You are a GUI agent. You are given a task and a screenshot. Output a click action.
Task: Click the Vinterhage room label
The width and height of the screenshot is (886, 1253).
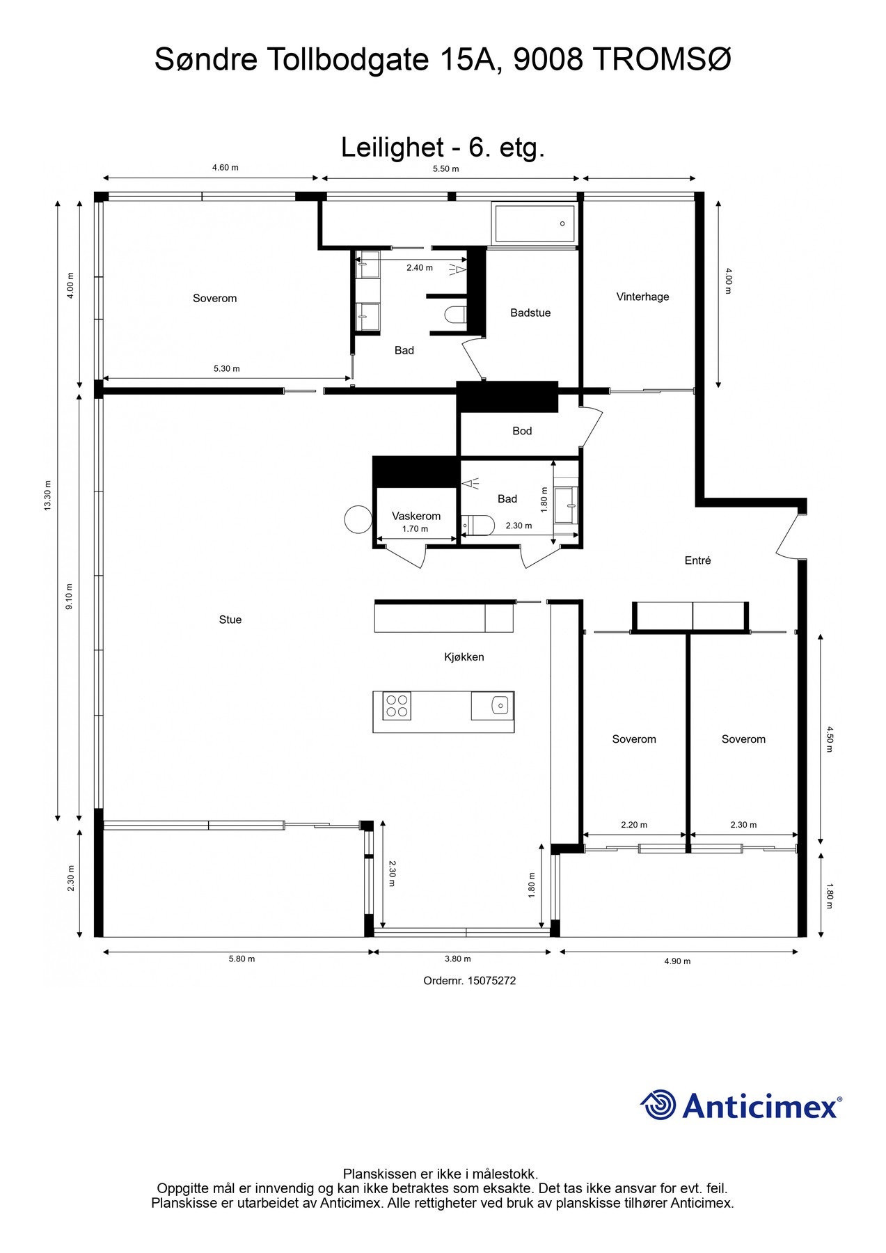(642, 297)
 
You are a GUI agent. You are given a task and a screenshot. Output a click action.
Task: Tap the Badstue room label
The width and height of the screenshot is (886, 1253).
(530, 313)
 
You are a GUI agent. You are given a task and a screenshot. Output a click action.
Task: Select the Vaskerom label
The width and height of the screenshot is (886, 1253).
(416, 516)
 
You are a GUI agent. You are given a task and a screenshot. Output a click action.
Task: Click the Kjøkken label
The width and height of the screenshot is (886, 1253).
(464, 656)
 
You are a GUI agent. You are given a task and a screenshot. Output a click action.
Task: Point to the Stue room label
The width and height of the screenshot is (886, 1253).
(230, 620)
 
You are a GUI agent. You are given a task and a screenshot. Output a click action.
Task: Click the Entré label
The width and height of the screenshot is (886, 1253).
(697, 560)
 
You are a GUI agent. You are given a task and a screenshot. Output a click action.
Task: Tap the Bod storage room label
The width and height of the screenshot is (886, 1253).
(522, 431)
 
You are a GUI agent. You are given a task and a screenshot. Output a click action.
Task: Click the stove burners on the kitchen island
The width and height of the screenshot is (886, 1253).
(397, 706)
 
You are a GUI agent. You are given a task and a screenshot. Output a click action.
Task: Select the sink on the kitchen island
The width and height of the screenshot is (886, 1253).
(500, 706)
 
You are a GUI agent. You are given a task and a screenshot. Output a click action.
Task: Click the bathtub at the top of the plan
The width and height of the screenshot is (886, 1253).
(534, 223)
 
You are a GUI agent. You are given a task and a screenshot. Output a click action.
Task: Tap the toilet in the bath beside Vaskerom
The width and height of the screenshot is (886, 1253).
(479, 524)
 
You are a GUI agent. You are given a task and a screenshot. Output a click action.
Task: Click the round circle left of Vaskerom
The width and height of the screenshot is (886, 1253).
(358, 519)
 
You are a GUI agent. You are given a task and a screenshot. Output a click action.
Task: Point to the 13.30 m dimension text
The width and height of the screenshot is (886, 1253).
(48, 496)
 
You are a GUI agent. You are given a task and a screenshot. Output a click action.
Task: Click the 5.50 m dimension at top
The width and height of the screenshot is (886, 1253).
(445, 168)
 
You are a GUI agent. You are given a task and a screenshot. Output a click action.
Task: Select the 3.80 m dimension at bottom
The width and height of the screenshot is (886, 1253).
(457, 959)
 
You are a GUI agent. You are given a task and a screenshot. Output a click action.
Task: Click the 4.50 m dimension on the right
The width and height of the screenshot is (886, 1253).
(829, 739)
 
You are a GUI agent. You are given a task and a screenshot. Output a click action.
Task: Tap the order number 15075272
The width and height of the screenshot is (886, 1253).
(469, 981)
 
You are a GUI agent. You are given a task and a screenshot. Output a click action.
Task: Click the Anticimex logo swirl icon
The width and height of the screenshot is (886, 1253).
(658, 1105)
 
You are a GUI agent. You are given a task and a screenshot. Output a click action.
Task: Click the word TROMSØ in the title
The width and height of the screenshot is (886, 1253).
(661, 60)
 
